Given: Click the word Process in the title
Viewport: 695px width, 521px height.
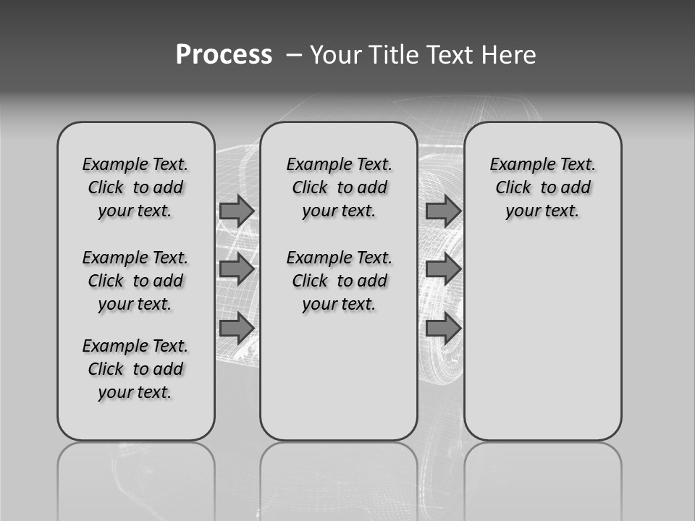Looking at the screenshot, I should click(x=224, y=54).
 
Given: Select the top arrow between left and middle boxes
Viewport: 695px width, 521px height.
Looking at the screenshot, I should click(x=236, y=211).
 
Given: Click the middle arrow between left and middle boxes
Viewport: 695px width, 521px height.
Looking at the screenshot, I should click(x=236, y=269).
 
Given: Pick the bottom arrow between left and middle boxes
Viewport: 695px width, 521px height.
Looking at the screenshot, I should click(x=236, y=328).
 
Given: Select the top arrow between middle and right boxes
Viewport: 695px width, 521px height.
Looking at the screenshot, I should click(x=443, y=211).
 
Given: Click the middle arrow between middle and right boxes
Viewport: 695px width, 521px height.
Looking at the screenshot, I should click(x=443, y=269).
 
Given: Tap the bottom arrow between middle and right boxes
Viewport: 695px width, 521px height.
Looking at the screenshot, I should click(x=443, y=328).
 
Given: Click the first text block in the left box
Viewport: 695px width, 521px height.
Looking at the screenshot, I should click(x=135, y=187).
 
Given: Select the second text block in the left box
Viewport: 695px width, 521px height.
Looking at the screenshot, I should click(x=135, y=281).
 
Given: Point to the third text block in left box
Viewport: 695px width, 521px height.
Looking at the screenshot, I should click(x=135, y=369).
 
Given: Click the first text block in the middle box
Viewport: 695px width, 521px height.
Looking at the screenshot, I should click(x=339, y=187).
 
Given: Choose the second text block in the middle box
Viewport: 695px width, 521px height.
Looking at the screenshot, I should click(x=339, y=281).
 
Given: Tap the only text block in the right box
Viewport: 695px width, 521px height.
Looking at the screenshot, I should click(x=542, y=187).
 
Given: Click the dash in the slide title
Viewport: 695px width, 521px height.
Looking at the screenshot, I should click(x=294, y=55).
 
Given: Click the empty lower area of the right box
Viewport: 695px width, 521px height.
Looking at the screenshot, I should click(x=542, y=347).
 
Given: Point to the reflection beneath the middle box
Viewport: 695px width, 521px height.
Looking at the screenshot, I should click(x=339, y=478).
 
